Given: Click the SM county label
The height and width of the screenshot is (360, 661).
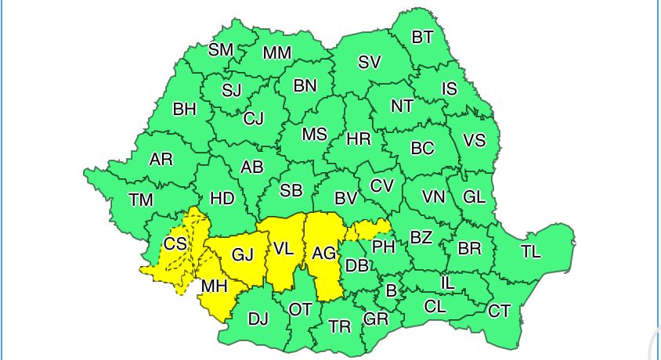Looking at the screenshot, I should pyautogui.click(x=221, y=50).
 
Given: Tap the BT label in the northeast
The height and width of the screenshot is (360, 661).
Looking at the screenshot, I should pyautogui.click(x=422, y=37).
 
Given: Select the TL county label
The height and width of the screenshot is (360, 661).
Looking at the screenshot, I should pyautogui.click(x=531, y=251).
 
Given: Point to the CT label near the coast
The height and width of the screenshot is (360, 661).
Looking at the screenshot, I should pyautogui.click(x=499, y=311).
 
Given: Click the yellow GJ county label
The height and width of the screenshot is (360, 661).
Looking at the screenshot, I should pyautogui.click(x=243, y=254).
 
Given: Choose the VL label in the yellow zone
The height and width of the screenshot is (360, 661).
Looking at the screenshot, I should pyautogui.click(x=284, y=250).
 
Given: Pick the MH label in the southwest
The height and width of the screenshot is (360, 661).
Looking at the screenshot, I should pyautogui.click(x=214, y=286).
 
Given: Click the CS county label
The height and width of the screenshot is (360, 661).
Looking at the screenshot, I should pyautogui.click(x=175, y=243).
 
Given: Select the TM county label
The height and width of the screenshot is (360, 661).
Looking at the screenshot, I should pyautogui.click(x=141, y=200).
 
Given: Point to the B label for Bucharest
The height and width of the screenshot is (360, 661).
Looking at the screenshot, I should pyautogui.click(x=391, y=291).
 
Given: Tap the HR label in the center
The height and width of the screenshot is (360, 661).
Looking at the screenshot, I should pyautogui.click(x=358, y=139).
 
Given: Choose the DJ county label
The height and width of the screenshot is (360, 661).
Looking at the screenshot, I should pyautogui.click(x=258, y=319).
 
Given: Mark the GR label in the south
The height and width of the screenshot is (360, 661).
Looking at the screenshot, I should pyautogui.click(x=376, y=319).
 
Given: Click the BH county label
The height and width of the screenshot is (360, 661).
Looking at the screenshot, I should pyautogui.click(x=184, y=110).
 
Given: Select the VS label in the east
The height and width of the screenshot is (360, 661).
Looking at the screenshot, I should pyautogui.click(x=474, y=141).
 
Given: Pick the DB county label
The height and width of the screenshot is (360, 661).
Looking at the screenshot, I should pyautogui.click(x=357, y=266).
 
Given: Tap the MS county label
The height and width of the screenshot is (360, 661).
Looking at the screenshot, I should pyautogui.click(x=314, y=135).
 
